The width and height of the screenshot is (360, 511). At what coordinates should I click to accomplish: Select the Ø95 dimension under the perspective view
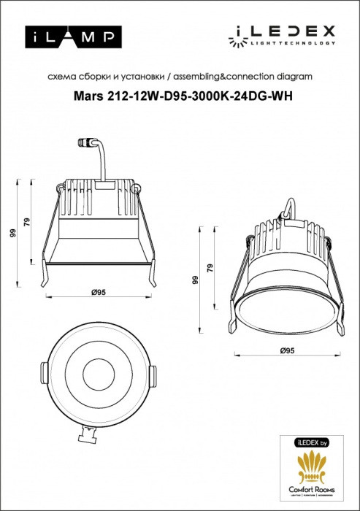pyautogui.click(x=286, y=351)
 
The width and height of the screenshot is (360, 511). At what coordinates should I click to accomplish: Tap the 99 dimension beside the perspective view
pyautogui.click(x=195, y=280)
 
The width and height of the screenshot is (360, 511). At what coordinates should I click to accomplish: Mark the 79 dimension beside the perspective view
pyautogui.click(x=210, y=269)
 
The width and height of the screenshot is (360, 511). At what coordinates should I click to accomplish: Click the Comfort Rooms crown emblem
pyautogui.click(x=315, y=468)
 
